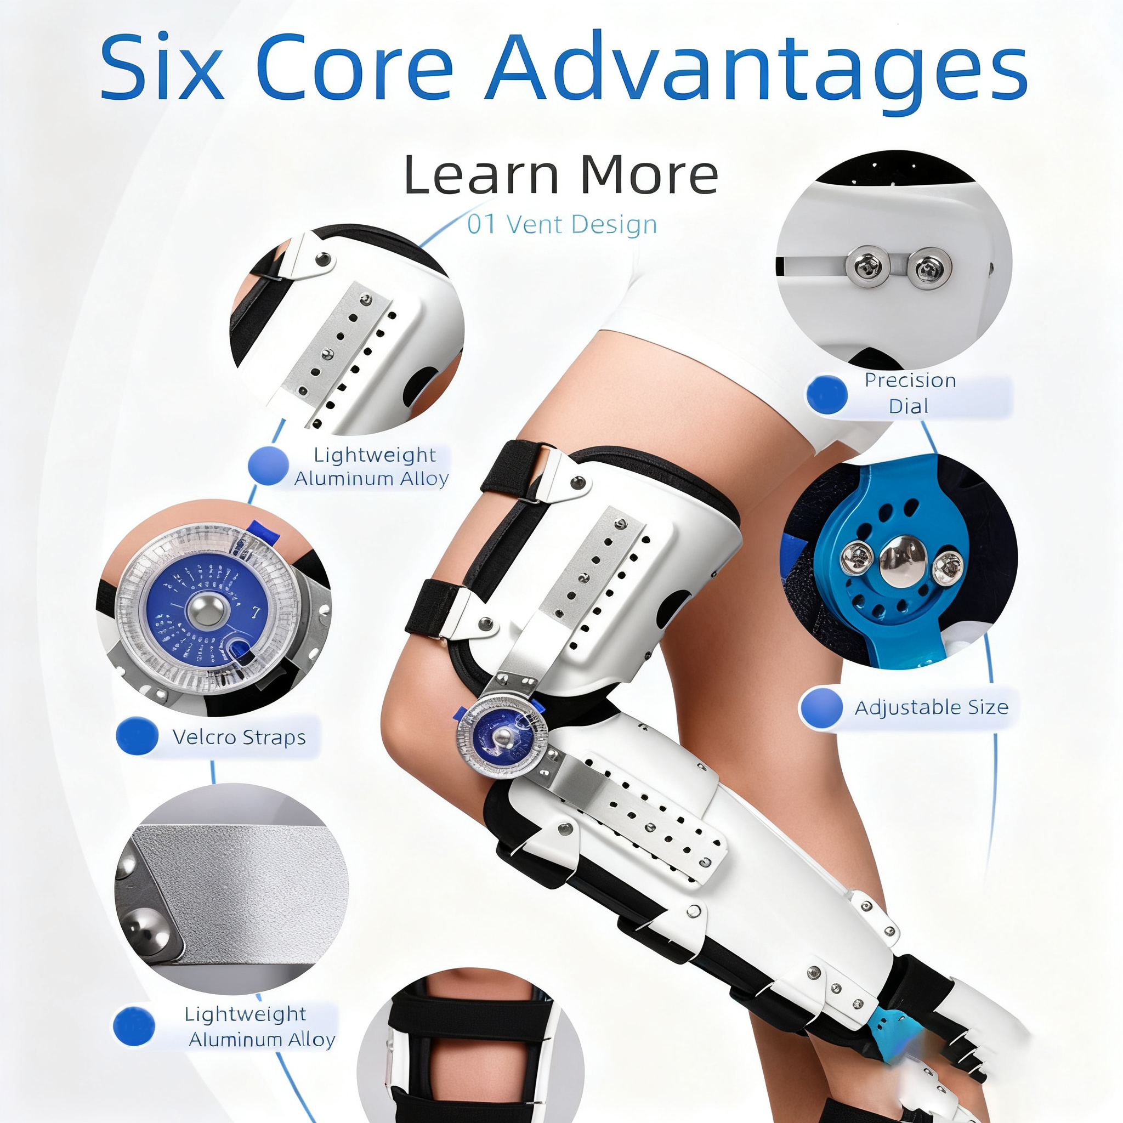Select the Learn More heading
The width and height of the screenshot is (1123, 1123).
(x=561, y=174)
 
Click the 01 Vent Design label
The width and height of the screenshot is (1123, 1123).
(x=561, y=224)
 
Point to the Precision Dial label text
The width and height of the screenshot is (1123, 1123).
(x=910, y=393)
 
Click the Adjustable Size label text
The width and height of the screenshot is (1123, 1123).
(x=931, y=707)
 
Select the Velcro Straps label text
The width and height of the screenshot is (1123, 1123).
(x=239, y=738)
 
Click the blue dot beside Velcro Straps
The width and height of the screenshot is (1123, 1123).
(x=137, y=736)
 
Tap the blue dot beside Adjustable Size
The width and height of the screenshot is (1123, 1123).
(x=821, y=707)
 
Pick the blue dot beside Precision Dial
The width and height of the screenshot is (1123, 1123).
(x=827, y=394)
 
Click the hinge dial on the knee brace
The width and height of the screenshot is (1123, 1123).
(x=502, y=736)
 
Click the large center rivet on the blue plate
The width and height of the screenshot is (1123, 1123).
(x=903, y=561)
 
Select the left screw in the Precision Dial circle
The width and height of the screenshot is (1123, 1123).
(x=867, y=267)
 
